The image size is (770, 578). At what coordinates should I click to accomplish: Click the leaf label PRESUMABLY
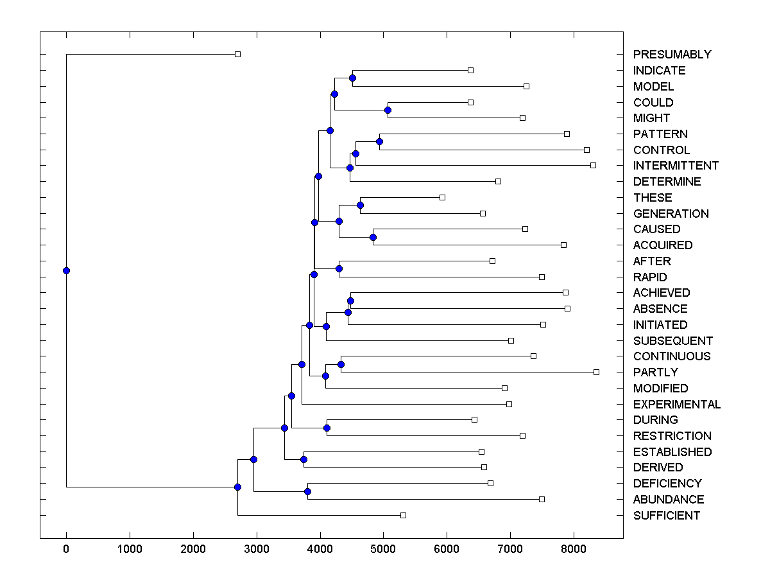pyautogui.click(x=672, y=55)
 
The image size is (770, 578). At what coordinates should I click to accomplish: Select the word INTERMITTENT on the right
pyautogui.click(x=676, y=166)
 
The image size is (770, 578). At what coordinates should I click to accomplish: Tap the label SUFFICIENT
pyautogui.click(x=666, y=516)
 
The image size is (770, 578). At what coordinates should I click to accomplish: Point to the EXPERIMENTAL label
pyautogui.click(x=676, y=405)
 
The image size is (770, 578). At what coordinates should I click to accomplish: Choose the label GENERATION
pyautogui.click(x=671, y=214)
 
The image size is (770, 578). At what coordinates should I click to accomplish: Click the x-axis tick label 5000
pyautogui.click(x=383, y=550)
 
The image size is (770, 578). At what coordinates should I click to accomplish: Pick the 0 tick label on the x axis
pyautogui.click(x=66, y=550)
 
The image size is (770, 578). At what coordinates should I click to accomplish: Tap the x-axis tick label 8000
pyautogui.click(x=574, y=550)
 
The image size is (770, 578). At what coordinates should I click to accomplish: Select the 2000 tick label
pyautogui.click(x=193, y=550)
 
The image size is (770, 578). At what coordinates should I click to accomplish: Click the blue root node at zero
pyautogui.click(x=66, y=270)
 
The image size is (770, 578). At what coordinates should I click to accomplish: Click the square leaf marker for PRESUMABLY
pyautogui.click(x=237, y=54)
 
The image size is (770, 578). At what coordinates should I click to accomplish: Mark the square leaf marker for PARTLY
pyautogui.click(x=596, y=372)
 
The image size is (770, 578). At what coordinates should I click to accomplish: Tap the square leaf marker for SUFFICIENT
pyautogui.click(x=403, y=515)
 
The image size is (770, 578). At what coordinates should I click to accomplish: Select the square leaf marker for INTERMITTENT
pyautogui.click(x=593, y=165)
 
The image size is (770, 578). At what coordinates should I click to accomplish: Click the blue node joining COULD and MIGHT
pyautogui.click(x=388, y=110)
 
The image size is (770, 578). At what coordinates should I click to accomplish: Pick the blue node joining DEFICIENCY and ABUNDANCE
pyautogui.click(x=307, y=491)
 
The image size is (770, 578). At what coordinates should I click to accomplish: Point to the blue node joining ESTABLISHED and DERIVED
pyautogui.click(x=304, y=459)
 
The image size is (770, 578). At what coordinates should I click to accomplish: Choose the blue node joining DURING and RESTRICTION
pyautogui.click(x=327, y=428)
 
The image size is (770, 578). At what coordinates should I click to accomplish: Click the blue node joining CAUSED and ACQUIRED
pyautogui.click(x=373, y=237)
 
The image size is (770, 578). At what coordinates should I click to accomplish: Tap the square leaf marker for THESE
pyautogui.click(x=442, y=197)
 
